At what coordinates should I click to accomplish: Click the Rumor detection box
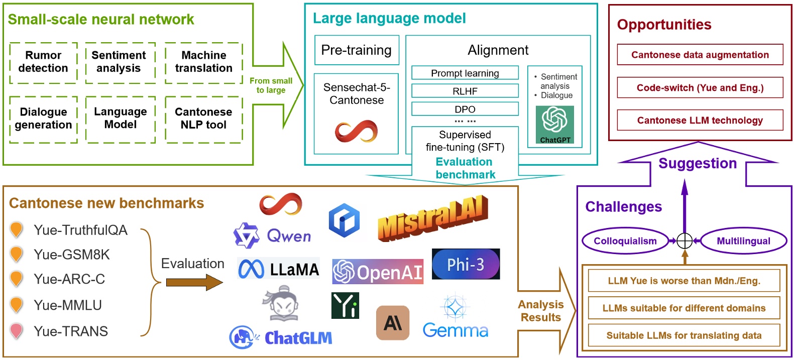click(x=43, y=62)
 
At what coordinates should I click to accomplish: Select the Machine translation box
click(x=203, y=62)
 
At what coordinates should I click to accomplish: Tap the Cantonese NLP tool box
click(x=203, y=119)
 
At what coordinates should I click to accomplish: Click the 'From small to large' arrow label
click(x=271, y=85)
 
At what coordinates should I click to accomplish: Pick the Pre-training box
click(x=357, y=50)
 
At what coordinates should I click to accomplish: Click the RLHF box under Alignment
click(x=465, y=91)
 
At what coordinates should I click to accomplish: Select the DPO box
click(x=465, y=109)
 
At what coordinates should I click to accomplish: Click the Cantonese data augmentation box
click(x=700, y=55)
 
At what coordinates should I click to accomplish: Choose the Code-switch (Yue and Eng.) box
click(x=700, y=88)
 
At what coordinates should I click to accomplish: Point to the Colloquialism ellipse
click(x=625, y=241)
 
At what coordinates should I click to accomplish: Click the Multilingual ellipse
click(x=743, y=241)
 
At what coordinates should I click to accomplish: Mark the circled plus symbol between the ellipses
click(x=685, y=241)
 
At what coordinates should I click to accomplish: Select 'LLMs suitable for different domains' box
click(x=684, y=308)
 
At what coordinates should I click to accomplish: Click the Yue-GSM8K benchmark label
click(x=72, y=255)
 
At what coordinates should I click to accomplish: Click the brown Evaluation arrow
click(x=194, y=283)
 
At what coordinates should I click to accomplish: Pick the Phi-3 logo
click(x=466, y=264)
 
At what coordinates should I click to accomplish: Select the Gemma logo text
click(x=455, y=330)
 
